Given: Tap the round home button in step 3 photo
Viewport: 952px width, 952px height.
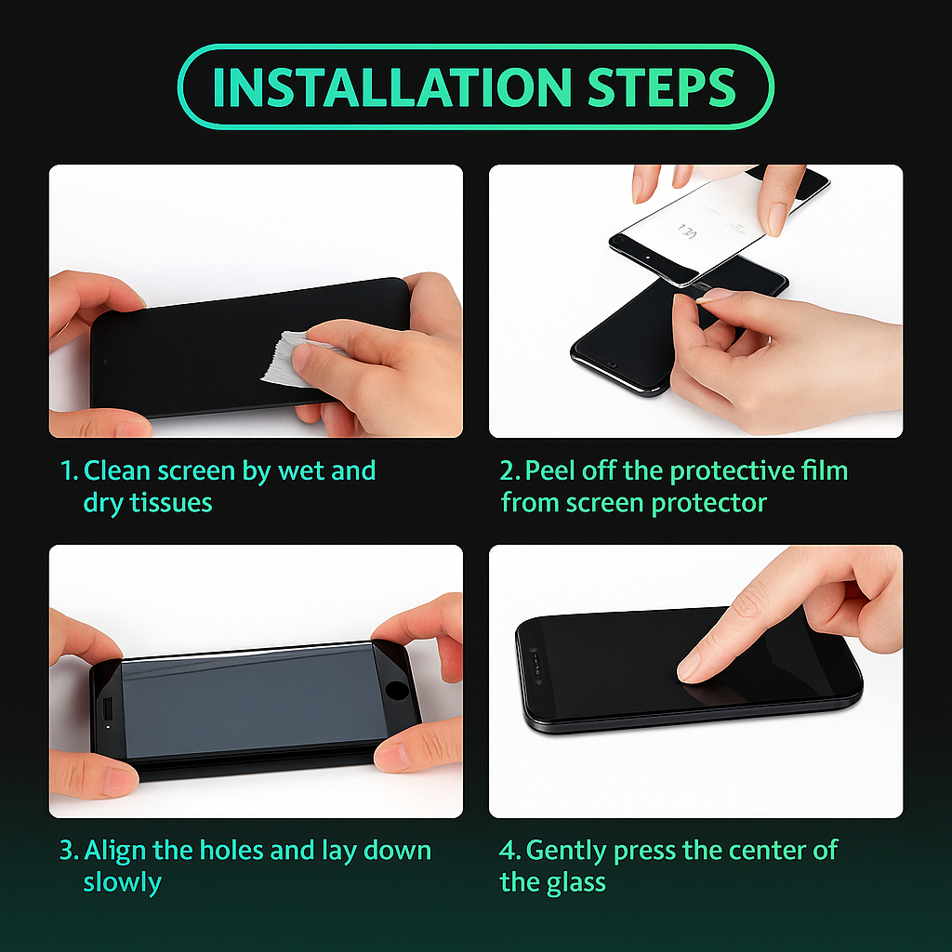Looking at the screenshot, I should pos(397,691).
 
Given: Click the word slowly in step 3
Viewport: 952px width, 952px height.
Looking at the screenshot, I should pos(122,882).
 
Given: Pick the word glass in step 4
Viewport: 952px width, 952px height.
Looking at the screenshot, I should pos(575,882).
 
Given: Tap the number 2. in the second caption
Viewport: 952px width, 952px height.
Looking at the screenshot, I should pos(510,470).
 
